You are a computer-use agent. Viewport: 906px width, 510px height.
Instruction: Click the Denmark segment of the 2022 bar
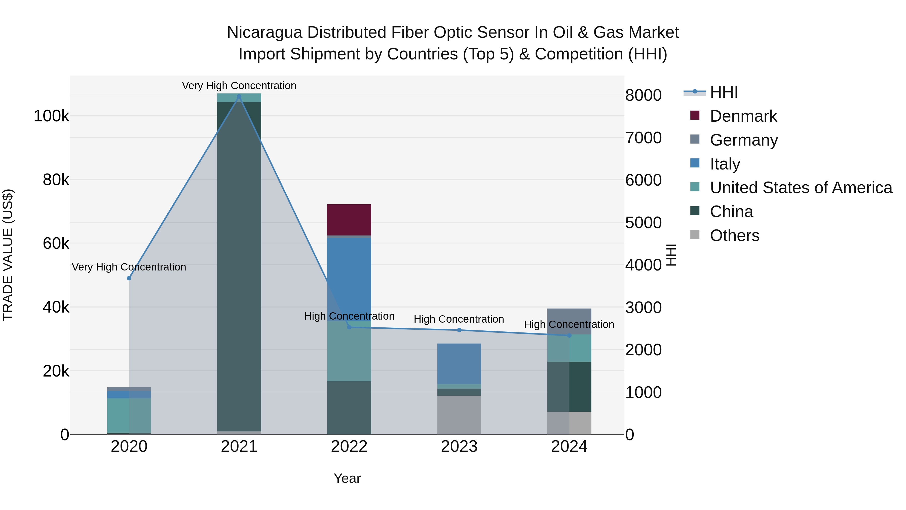[x=349, y=220]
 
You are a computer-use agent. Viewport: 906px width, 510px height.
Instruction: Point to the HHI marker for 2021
[x=239, y=96]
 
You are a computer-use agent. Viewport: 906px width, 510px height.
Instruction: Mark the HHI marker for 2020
[x=129, y=278]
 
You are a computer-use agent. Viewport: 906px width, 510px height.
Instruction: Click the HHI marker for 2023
[x=459, y=330]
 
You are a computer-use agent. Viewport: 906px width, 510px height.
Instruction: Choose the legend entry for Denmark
[x=743, y=116]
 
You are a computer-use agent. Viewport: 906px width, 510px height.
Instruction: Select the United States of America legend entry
[x=801, y=188]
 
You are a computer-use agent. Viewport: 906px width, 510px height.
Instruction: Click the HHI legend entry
[x=724, y=92]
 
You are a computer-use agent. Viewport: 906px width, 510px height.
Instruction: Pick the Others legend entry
[x=734, y=235]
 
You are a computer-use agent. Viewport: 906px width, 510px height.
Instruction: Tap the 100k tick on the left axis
[x=51, y=116]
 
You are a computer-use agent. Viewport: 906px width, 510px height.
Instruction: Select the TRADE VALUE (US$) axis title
[x=8, y=255]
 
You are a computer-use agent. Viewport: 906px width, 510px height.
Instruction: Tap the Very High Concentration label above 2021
[x=239, y=86]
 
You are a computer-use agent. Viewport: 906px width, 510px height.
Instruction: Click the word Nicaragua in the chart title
[x=265, y=32]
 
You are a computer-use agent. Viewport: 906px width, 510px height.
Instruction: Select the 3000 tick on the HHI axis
[x=643, y=308]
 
